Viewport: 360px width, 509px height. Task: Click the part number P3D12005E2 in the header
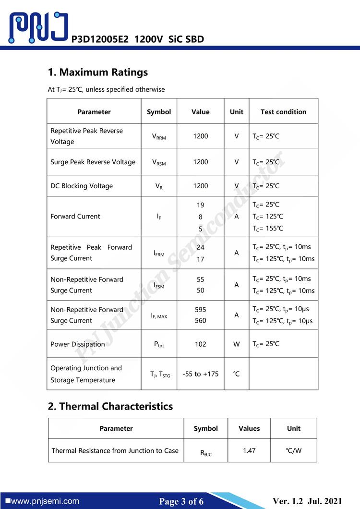click(100, 39)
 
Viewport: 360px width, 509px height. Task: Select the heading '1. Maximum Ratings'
click(98, 73)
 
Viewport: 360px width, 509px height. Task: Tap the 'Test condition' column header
click(283, 112)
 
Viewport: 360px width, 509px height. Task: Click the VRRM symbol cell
click(159, 137)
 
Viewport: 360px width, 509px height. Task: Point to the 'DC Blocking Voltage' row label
click(82, 186)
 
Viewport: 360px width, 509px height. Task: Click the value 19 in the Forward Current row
click(200, 205)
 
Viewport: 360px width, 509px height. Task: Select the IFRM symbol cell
click(159, 253)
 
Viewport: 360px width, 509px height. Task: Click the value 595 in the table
click(200, 310)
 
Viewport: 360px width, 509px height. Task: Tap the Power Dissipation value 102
click(200, 344)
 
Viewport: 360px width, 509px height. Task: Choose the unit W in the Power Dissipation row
click(236, 344)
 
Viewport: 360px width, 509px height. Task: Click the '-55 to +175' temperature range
click(200, 374)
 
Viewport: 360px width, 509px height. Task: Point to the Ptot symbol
click(159, 344)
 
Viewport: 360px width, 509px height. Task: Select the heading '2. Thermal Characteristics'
click(110, 406)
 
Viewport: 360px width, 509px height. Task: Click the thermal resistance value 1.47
click(249, 450)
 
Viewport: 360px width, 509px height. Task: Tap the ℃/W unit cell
click(294, 450)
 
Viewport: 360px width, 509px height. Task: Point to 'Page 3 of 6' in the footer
click(181, 502)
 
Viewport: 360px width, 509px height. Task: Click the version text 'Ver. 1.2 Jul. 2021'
click(308, 501)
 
